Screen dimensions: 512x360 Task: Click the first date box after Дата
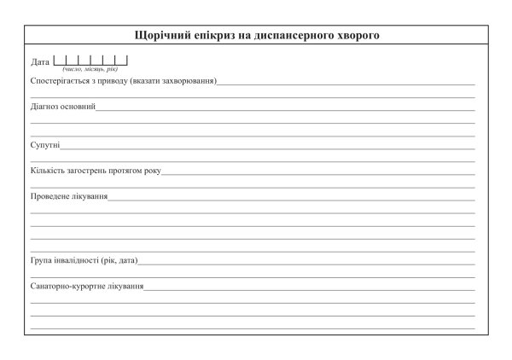coord(60,61)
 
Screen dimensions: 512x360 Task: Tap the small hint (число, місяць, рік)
coord(90,68)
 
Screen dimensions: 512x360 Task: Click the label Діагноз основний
coord(62,108)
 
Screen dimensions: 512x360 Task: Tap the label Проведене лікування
coord(68,196)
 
